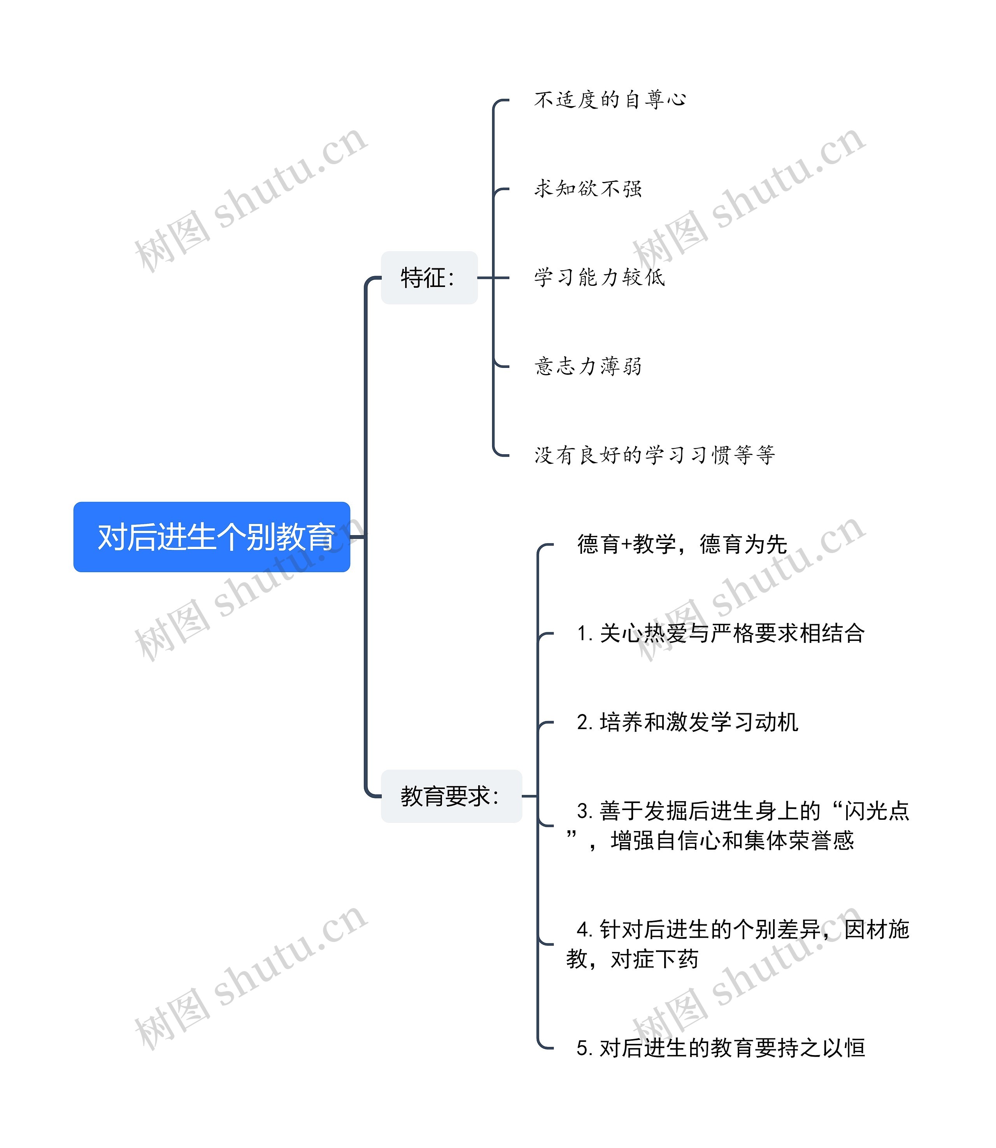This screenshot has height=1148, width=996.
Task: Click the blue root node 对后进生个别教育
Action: tap(212, 537)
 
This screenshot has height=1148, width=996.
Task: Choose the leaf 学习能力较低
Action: tap(599, 277)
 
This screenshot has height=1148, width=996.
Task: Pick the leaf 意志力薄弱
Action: tap(588, 366)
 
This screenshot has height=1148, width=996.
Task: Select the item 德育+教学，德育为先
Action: tap(682, 544)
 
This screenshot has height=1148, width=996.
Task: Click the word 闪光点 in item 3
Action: tap(877, 811)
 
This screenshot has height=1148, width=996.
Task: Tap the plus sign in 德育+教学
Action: tap(626, 544)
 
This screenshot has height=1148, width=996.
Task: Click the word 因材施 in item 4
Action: tap(877, 929)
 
